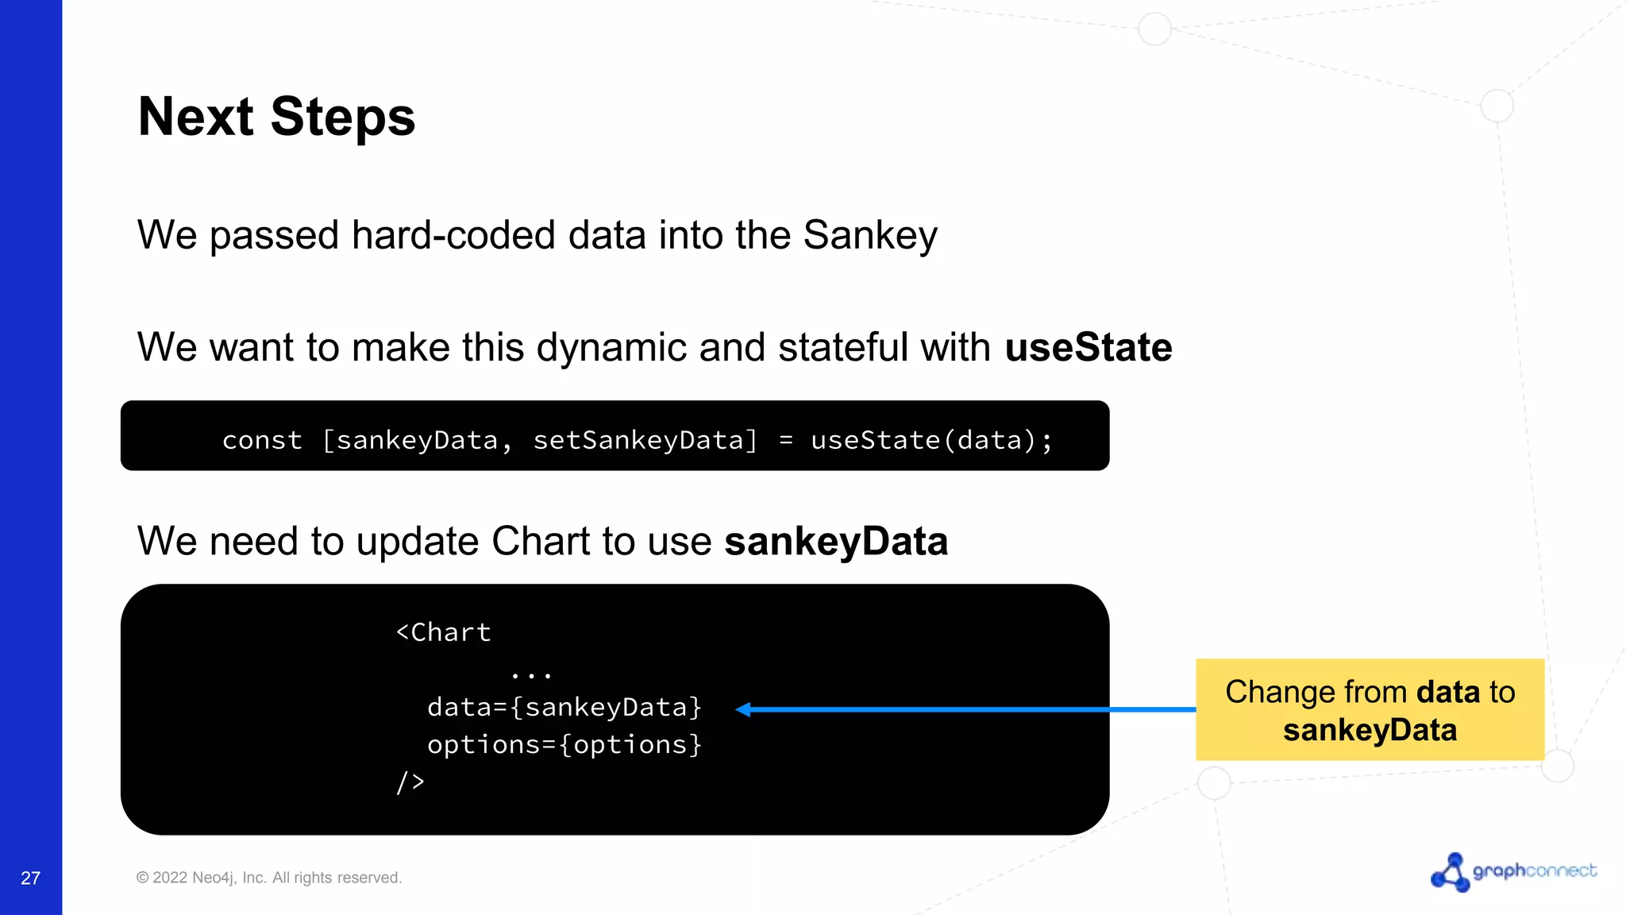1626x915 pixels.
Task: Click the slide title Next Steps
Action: pos(276,117)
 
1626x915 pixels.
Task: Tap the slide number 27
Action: pos(30,878)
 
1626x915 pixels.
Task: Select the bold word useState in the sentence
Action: pos(1088,348)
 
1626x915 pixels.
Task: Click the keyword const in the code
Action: pos(262,440)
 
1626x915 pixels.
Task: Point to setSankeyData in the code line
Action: pos(645,440)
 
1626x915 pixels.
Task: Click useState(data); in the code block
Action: pos(931,440)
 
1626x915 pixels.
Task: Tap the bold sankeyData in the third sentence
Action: pos(836,542)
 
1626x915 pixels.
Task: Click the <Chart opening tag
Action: pos(443,632)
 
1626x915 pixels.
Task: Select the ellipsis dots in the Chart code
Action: pos(531,675)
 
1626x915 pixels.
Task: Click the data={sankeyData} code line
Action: pos(564,707)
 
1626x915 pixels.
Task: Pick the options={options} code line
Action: pos(564,745)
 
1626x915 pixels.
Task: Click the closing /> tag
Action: pos(410,782)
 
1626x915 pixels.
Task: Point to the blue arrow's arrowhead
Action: pos(744,709)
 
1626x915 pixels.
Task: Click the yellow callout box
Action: pos(1370,709)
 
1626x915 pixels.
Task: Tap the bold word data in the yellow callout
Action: pos(1448,692)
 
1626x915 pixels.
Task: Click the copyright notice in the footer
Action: pos(269,878)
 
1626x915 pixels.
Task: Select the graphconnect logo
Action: pos(1513,871)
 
